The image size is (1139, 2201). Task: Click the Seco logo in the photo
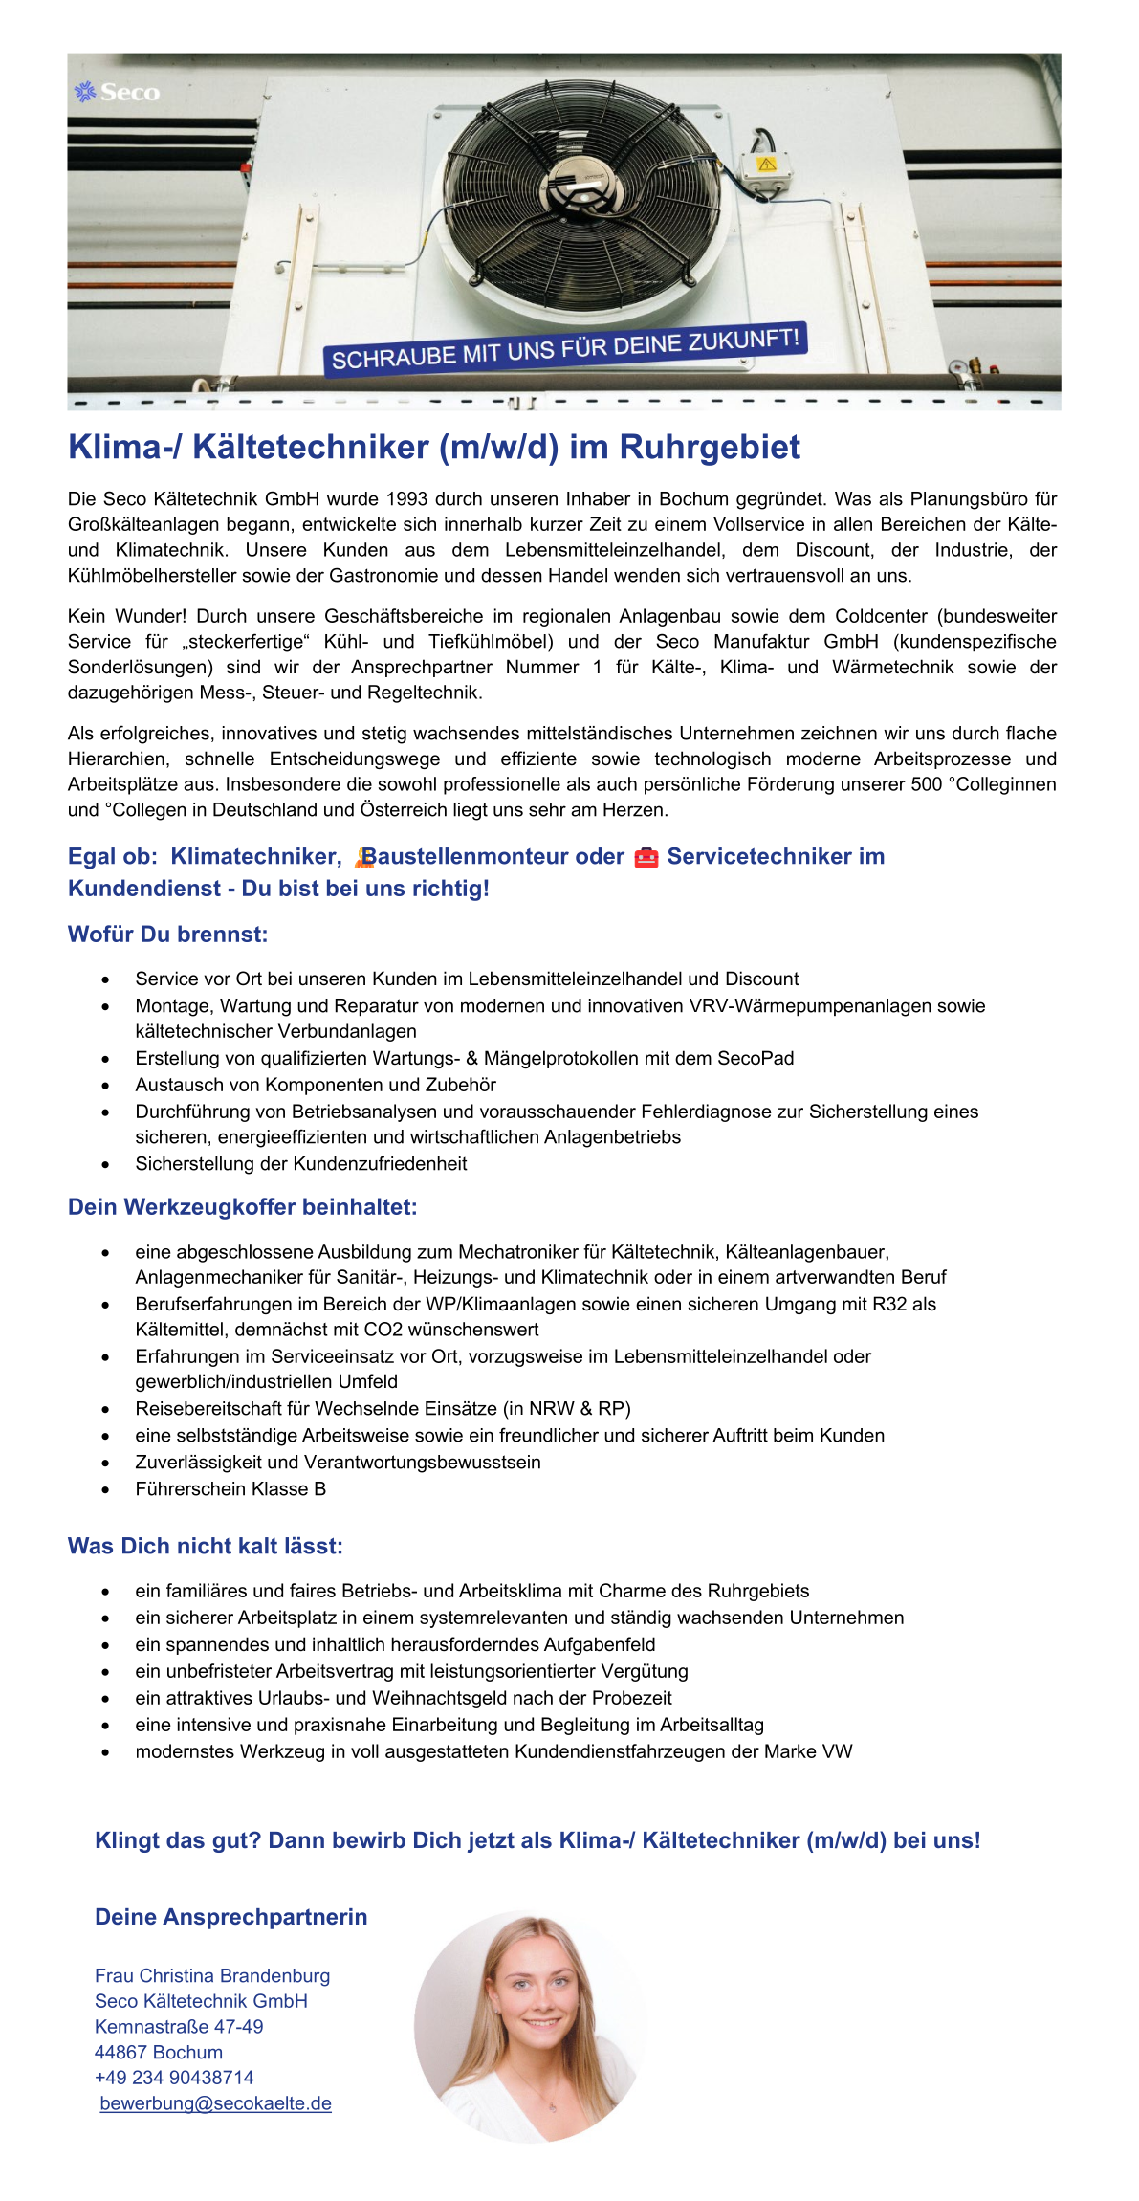point(117,93)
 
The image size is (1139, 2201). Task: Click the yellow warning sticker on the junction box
point(766,165)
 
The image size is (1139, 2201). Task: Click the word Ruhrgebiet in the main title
point(710,448)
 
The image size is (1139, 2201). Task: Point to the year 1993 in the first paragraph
point(406,499)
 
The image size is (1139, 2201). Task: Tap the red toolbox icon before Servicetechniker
point(646,858)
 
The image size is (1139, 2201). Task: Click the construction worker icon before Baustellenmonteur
point(363,857)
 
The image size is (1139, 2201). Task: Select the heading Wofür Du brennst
point(167,935)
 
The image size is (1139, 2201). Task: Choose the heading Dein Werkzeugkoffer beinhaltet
point(242,1207)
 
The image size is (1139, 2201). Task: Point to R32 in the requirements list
point(890,1304)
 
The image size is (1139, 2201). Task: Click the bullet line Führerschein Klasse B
point(230,1488)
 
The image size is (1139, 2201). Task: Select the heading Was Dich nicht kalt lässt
point(205,1546)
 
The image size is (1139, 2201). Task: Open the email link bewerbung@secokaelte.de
point(215,2103)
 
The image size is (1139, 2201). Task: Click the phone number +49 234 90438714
point(174,2078)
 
